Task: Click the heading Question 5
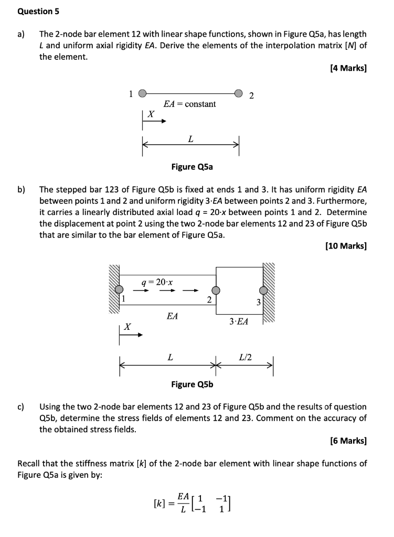point(35,11)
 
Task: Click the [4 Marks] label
point(348,68)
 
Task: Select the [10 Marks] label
point(346,245)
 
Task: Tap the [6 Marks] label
point(348,441)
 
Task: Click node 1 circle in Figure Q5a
point(142,94)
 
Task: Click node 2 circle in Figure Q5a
point(239,94)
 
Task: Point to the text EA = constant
point(189,104)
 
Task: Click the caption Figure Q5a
point(192,167)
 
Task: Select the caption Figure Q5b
point(192,384)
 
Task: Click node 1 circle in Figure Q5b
point(120,289)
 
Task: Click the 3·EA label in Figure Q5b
point(239,321)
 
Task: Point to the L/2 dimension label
point(245,357)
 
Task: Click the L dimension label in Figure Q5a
point(190,139)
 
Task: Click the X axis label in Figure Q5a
point(151,113)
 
